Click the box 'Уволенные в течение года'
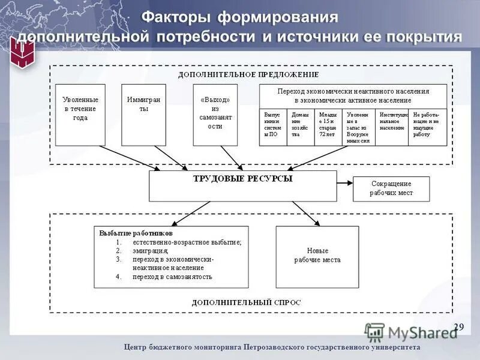(x=80, y=115)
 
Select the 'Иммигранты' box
(x=143, y=115)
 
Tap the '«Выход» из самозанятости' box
(x=215, y=115)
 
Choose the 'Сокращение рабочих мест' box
(x=391, y=188)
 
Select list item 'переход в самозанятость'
(x=173, y=277)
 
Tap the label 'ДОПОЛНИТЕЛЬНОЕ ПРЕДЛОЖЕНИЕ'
(x=248, y=74)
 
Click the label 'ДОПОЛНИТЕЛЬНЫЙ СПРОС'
(x=247, y=303)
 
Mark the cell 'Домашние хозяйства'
(x=302, y=127)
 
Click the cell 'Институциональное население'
(x=393, y=127)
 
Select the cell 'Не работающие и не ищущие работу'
(x=428, y=127)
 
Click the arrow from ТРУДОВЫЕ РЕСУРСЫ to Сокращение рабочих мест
(x=344, y=182)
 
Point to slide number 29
(x=459, y=327)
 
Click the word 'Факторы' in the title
(x=175, y=17)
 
